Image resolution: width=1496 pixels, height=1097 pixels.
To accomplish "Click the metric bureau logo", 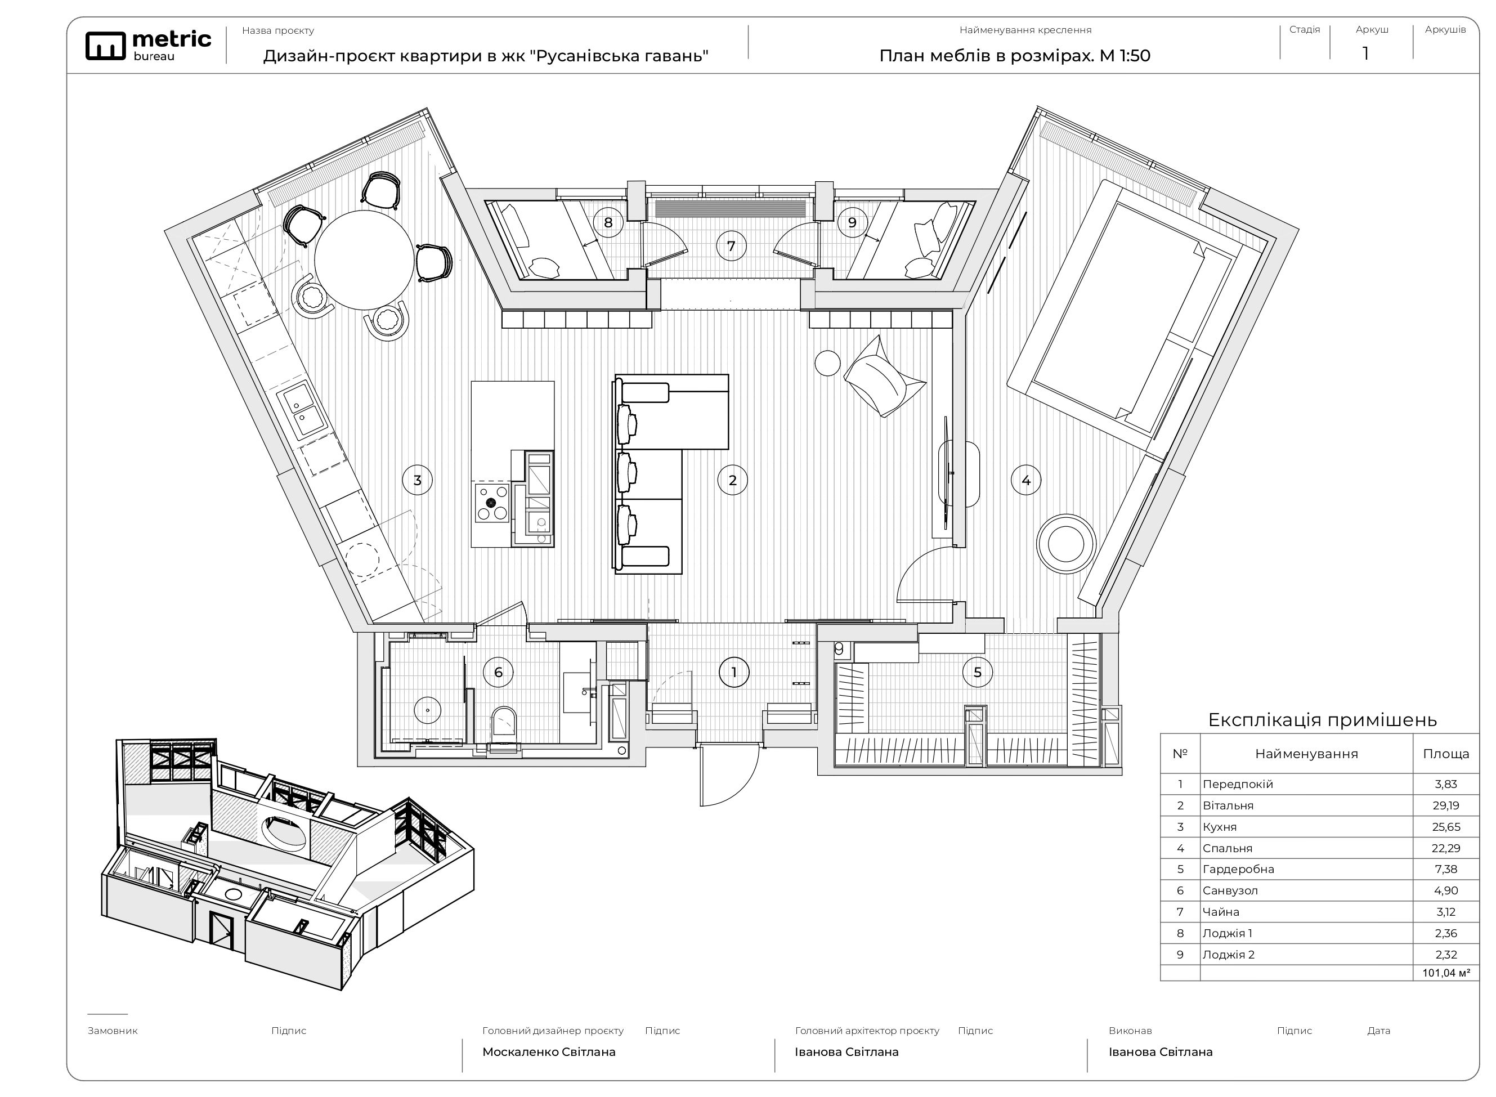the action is [x=148, y=46].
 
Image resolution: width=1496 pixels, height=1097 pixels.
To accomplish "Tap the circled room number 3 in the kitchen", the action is [x=417, y=480].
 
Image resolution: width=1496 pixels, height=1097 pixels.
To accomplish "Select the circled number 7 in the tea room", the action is [x=731, y=247].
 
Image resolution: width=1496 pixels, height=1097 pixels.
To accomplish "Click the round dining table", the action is [x=364, y=259].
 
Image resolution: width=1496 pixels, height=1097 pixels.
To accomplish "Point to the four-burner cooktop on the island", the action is [x=492, y=503].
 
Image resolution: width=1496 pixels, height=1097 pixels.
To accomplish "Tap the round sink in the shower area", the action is [x=428, y=710].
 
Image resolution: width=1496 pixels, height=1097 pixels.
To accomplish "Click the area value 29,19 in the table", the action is [x=1445, y=805].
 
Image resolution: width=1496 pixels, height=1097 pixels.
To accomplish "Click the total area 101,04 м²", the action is [x=1445, y=974].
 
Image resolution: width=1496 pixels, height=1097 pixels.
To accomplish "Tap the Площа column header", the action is [x=1445, y=754].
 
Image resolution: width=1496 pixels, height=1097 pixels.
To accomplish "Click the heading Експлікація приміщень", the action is [x=1322, y=720].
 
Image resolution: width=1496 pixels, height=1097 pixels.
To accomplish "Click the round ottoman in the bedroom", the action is [x=1066, y=543].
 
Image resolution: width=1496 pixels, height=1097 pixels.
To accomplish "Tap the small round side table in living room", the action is [x=827, y=363].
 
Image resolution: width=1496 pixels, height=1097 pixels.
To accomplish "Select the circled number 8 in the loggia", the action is [x=608, y=222].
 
